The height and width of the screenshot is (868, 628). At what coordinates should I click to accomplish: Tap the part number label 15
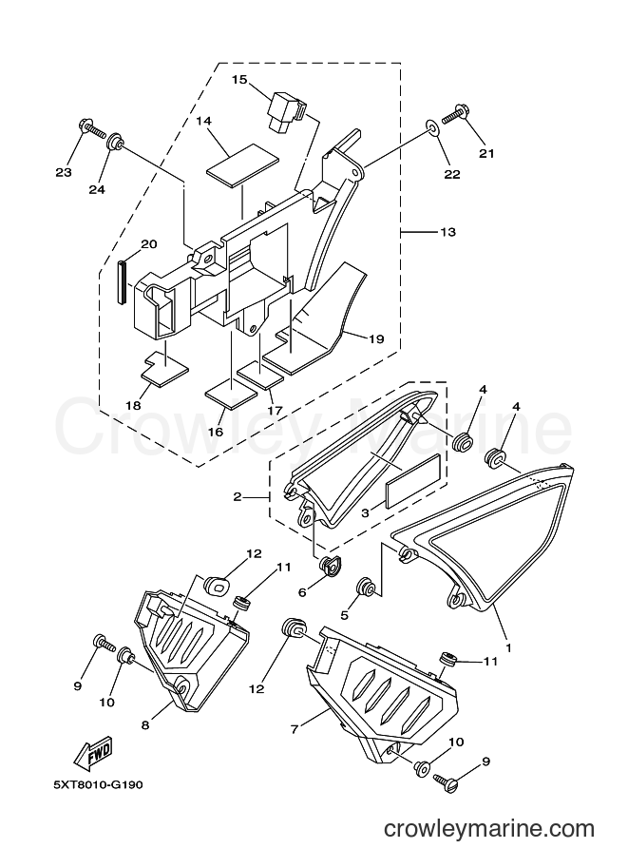tap(239, 80)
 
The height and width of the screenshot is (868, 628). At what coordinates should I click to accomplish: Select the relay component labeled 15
tap(287, 112)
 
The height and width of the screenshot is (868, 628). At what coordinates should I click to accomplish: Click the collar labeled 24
tap(115, 141)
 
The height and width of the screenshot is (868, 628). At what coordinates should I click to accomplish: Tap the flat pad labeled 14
tap(243, 162)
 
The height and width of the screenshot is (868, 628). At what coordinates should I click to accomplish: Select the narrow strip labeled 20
tap(122, 281)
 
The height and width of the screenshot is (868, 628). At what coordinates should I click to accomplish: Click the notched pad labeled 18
tap(164, 370)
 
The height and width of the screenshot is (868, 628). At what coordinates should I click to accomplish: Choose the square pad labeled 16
tap(231, 392)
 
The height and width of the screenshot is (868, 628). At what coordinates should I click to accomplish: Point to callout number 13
tap(448, 232)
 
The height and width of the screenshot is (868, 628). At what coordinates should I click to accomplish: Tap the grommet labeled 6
tap(332, 566)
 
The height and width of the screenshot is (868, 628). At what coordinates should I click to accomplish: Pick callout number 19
tap(376, 338)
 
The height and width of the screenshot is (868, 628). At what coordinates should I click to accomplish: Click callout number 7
tap(295, 729)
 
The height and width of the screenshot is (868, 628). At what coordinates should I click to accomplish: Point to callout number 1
tap(508, 646)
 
